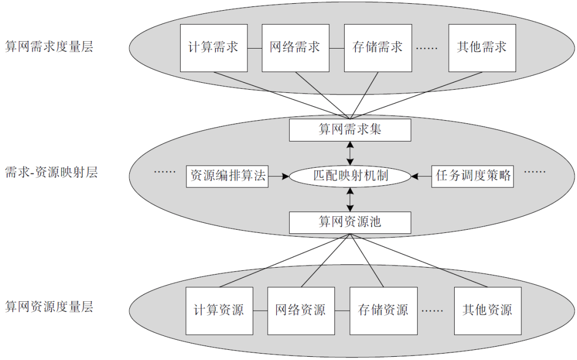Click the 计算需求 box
coord(214,48)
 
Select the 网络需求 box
coord(295,48)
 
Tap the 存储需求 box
coord(377,48)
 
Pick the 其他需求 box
coord(482,48)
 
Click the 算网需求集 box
coord(350,130)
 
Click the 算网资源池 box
coord(350,222)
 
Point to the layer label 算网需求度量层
coord(49,46)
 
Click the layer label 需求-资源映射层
coord(51,173)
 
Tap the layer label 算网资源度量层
coord(49,307)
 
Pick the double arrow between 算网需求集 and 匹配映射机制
coord(350,153)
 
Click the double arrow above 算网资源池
coord(350,199)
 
